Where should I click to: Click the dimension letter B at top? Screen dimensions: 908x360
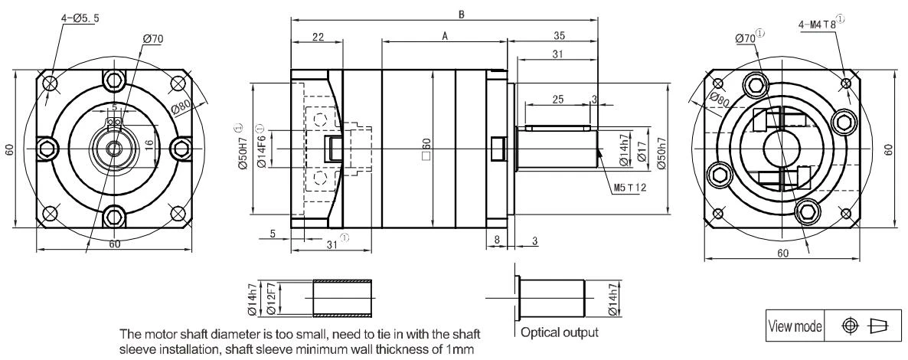(x=462, y=15)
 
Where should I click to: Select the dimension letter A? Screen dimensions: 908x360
(x=445, y=36)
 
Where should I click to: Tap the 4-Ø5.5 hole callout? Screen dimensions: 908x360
(x=80, y=18)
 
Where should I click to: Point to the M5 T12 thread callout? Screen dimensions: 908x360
(x=629, y=187)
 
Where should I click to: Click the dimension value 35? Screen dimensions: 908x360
(x=559, y=36)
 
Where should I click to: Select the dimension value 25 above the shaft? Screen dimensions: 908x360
(x=557, y=100)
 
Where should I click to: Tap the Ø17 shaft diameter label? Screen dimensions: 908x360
(x=642, y=151)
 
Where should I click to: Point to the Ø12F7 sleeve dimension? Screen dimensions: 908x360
(x=272, y=299)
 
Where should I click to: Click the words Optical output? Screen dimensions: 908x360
(x=560, y=332)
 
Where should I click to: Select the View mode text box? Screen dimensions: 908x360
(x=795, y=326)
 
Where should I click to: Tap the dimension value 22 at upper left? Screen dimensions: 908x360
(x=317, y=37)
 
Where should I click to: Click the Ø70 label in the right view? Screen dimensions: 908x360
(x=745, y=38)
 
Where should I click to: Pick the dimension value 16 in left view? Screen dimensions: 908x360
(x=149, y=144)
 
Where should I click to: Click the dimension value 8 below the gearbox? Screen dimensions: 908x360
(x=497, y=239)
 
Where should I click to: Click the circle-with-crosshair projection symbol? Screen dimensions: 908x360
(x=849, y=326)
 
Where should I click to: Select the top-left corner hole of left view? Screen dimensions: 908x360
(x=51, y=84)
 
